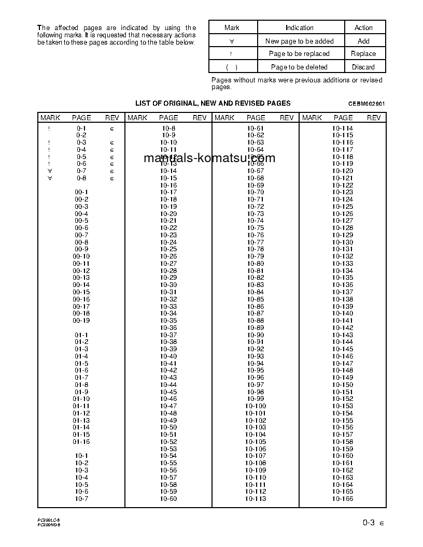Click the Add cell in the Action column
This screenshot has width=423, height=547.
363,41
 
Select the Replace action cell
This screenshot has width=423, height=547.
363,53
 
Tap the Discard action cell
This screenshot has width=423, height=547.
363,67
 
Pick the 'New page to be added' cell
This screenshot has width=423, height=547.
299,41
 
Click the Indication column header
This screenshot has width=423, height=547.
299,27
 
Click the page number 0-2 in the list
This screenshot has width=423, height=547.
81,135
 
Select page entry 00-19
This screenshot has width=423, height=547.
81,313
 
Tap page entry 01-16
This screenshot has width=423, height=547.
81,442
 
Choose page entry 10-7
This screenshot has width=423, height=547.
81,499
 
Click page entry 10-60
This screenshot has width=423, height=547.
168,499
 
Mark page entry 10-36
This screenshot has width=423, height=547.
168,328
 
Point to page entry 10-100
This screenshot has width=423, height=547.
256,406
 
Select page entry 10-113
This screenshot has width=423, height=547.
256,499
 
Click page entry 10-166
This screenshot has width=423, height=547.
343,499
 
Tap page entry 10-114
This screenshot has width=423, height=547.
343,128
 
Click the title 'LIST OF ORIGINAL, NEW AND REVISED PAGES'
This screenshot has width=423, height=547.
213,103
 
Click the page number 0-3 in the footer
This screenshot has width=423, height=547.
369,523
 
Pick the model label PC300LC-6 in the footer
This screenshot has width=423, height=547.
49,520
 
